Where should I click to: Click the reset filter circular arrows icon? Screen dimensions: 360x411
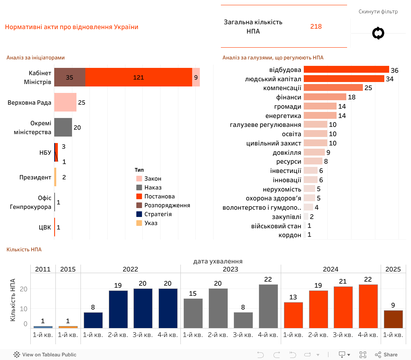pyautogui.click(x=378, y=33)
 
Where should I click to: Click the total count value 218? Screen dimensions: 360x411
pyautogui.click(x=316, y=27)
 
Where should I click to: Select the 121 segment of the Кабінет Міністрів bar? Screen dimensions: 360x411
pyautogui.click(x=139, y=77)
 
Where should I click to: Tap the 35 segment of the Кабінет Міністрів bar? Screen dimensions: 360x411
pyautogui.click(x=70, y=77)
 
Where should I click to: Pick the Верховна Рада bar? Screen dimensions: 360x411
pyautogui.click(x=65, y=102)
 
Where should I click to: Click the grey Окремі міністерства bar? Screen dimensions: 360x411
pyautogui.click(x=63, y=127)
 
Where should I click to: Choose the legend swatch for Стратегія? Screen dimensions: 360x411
pyautogui.click(x=139, y=214)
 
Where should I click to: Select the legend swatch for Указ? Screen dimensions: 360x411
pyautogui.click(x=139, y=223)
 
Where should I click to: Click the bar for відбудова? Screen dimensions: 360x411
pyautogui.click(x=346, y=69)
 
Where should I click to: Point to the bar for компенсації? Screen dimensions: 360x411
pyautogui.click(x=333, y=88)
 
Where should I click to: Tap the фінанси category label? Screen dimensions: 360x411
pyautogui.click(x=288, y=97)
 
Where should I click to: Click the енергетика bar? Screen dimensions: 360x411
pyautogui.click(x=320, y=116)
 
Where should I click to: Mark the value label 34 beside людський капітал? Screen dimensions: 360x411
pyautogui.click(x=390, y=79)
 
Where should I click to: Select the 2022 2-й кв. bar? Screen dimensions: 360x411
pyautogui.click(x=118, y=309)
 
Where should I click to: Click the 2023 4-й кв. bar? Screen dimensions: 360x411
pyautogui.click(x=268, y=306)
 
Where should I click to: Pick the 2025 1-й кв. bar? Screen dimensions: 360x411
pyautogui.click(x=393, y=319)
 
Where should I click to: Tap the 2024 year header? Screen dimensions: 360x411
pyautogui.click(x=330, y=269)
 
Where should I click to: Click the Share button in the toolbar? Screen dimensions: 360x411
pyautogui.click(x=386, y=355)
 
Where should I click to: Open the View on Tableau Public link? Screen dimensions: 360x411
pyautogui.click(x=45, y=355)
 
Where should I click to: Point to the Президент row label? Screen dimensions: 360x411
pyautogui.click(x=35, y=177)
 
